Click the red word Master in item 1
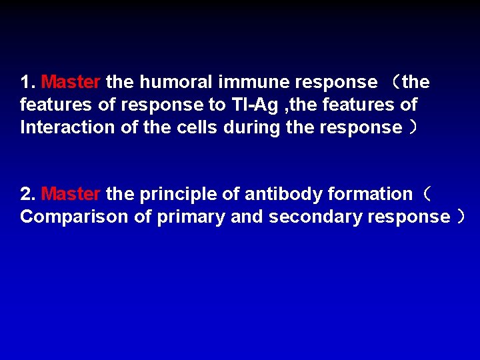point(71,83)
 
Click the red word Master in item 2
point(71,195)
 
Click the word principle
point(173,195)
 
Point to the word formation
point(370,195)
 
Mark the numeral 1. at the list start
point(27,83)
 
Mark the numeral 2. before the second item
point(27,195)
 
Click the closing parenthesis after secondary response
point(461,217)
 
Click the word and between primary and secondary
point(246,217)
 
